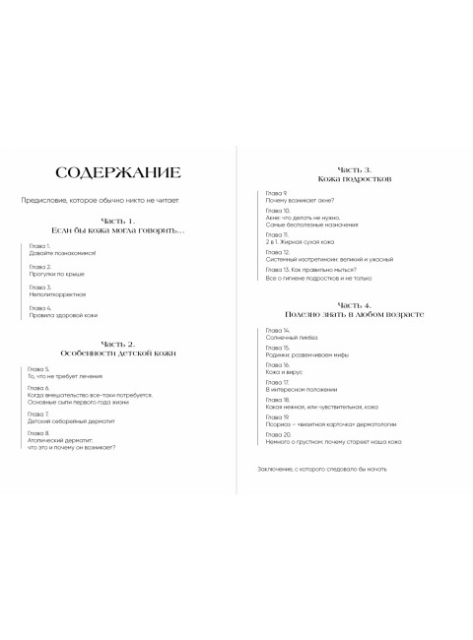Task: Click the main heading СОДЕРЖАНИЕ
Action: pos(117,173)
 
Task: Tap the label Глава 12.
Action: pos(277,252)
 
